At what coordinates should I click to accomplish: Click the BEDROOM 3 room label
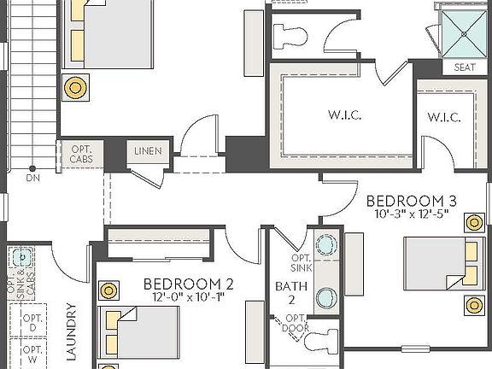click(x=411, y=201)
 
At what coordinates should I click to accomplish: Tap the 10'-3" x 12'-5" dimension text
click(x=411, y=214)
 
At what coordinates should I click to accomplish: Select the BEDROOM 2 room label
click(x=188, y=284)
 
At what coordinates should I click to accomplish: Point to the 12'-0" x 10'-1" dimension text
click(x=188, y=297)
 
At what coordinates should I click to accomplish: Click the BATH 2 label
click(x=284, y=292)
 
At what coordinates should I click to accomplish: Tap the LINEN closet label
click(x=148, y=151)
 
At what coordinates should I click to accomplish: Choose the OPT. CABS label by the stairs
click(x=82, y=154)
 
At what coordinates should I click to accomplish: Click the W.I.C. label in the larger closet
click(x=342, y=113)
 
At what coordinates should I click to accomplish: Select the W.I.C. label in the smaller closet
click(x=443, y=117)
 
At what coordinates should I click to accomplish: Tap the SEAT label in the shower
click(x=465, y=67)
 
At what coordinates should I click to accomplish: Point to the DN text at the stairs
click(x=32, y=178)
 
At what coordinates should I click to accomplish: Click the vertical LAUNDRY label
click(x=72, y=333)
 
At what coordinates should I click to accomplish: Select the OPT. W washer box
click(x=32, y=354)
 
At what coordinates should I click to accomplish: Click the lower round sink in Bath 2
click(x=325, y=297)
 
